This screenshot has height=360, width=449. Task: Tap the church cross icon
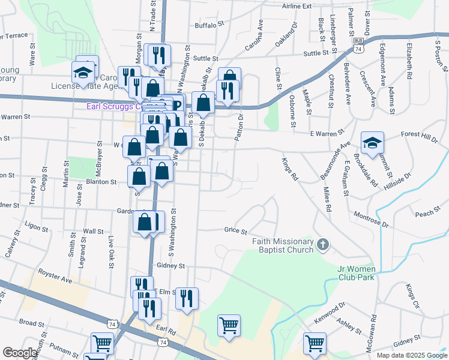click(323, 244)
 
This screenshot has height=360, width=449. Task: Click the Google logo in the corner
click(20, 353)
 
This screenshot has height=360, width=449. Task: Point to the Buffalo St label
click(209, 25)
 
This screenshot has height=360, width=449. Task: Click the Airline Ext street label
click(297, 6)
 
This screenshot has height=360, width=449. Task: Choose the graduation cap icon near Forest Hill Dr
click(372, 143)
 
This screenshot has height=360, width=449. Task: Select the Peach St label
click(424, 213)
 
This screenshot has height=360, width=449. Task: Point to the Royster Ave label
click(55, 277)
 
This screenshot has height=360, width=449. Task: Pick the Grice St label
click(235, 230)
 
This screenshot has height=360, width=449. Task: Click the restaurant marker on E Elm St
click(187, 298)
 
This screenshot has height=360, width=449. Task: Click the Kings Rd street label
click(290, 169)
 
